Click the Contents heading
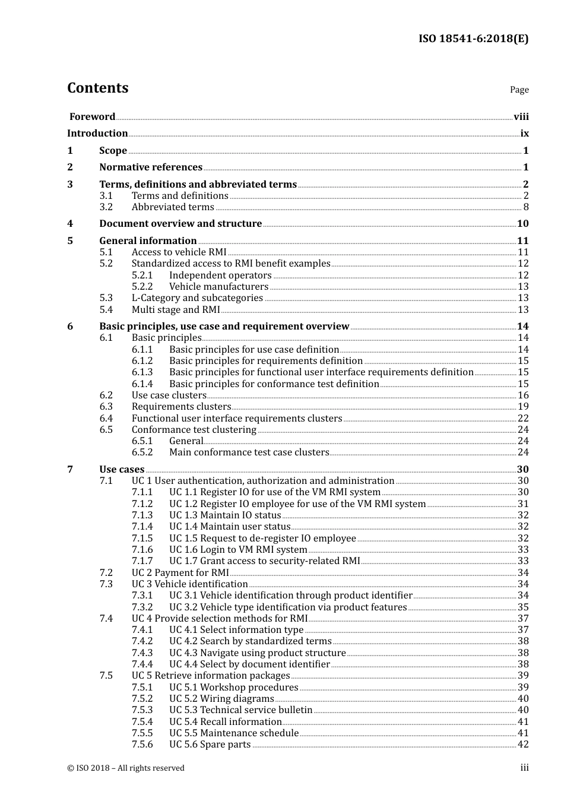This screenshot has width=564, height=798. pos(97,88)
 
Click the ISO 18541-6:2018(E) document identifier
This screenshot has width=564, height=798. pos(473,39)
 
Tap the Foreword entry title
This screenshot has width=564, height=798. pos(92,117)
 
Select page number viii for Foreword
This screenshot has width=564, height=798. pos(521,117)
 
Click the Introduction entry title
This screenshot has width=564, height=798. pos(97,134)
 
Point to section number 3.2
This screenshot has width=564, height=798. pos(106,207)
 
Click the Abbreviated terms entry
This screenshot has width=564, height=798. pos(173,207)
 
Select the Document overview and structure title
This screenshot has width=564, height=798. pos(180,224)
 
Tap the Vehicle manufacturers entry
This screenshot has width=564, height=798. pos(218,287)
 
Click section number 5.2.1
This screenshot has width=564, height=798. pos(142,275)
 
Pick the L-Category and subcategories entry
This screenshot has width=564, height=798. pos(197,298)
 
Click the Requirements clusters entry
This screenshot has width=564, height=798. pos(181,407)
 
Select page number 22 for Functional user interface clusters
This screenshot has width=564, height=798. pos(523,419)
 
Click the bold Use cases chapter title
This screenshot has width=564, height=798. pos(122,470)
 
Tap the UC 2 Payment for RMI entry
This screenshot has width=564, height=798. pos(180,573)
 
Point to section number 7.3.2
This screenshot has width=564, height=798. pos(142,607)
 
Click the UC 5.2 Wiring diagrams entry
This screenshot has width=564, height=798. pos(221,699)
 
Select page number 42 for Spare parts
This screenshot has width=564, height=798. pos(523,745)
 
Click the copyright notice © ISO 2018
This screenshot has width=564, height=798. pos(126,768)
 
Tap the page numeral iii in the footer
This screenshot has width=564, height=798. pos(525,768)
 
